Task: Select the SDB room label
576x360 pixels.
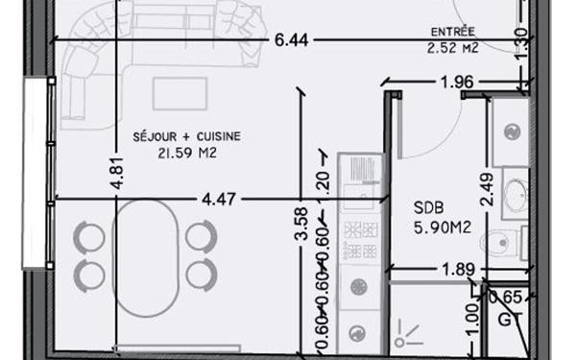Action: click(428, 206)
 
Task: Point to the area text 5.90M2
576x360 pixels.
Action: click(441, 228)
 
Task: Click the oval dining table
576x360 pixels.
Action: click(144, 252)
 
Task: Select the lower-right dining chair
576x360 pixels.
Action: click(201, 273)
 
